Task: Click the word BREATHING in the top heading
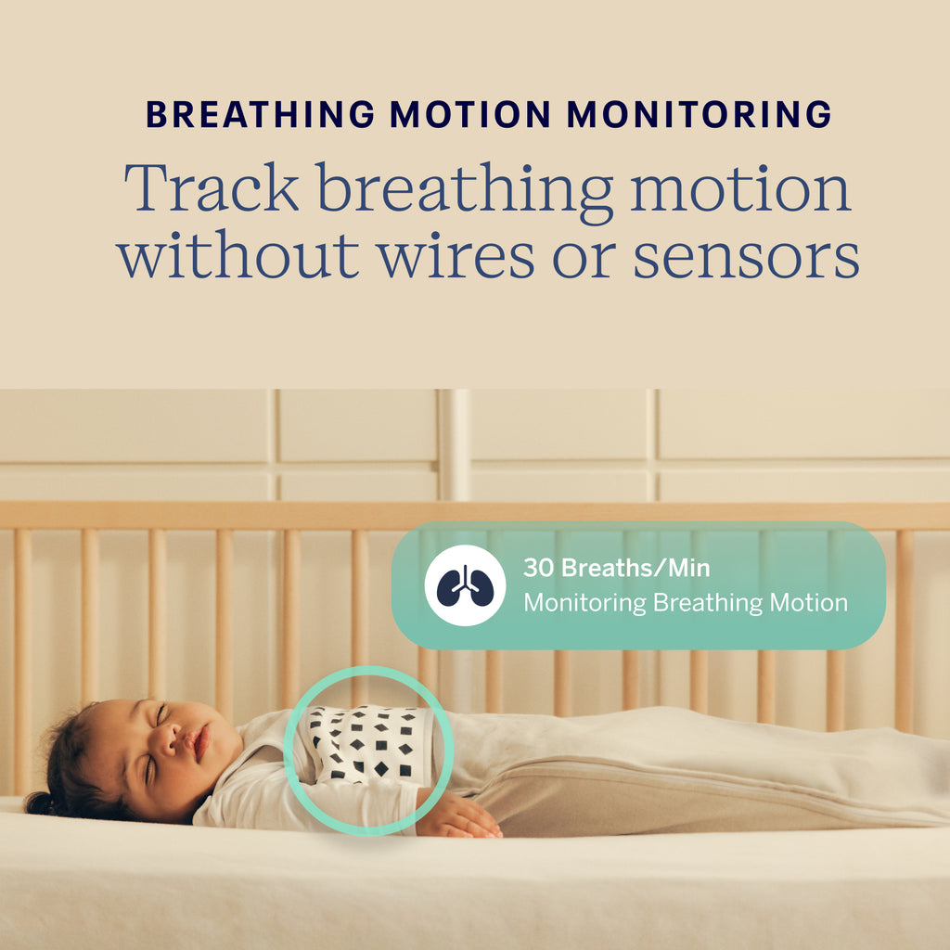(260, 114)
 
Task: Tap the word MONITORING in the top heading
(699, 114)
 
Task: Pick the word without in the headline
(237, 256)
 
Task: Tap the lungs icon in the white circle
(465, 586)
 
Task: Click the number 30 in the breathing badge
(537, 568)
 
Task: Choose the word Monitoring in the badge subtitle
(584, 603)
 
